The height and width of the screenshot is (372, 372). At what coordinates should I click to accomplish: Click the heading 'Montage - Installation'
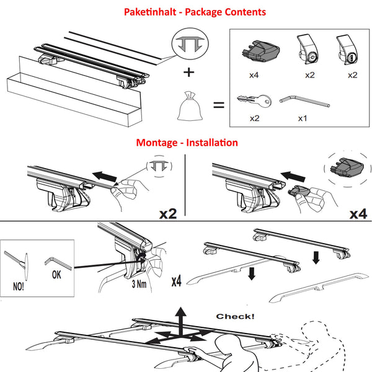[x=187, y=143]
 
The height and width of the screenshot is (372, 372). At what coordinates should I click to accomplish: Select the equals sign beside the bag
[x=219, y=105]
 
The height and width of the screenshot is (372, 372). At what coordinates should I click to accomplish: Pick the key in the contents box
[x=254, y=100]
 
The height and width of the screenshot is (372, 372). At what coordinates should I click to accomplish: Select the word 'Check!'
[x=235, y=316]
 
